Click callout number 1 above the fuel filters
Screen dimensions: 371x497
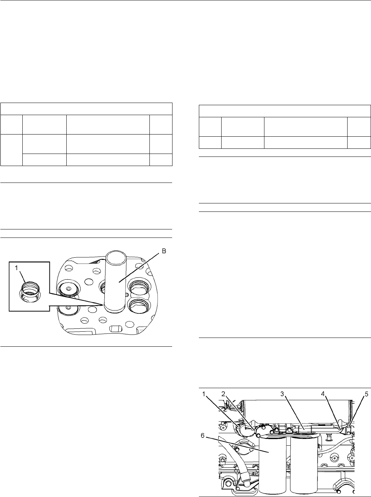[x=204, y=394]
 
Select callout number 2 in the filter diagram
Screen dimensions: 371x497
[x=224, y=394]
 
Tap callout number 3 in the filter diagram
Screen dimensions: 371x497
[x=282, y=394]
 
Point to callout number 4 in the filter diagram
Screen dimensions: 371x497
[x=323, y=394]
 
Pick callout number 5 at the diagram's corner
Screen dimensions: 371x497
[x=366, y=394]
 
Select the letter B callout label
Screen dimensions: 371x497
[x=164, y=251]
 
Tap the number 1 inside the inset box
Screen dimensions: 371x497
[x=16, y=268]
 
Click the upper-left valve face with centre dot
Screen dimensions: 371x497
[x=68, y=289]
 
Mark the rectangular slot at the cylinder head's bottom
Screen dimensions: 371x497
[x=115, y=328]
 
